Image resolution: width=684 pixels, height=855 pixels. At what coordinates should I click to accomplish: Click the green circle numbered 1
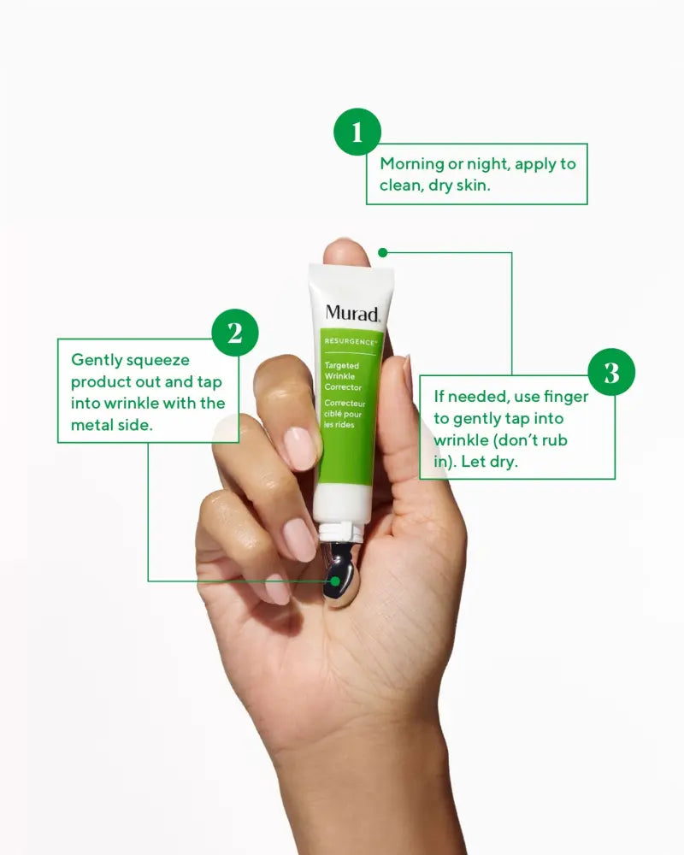tap(357, 132)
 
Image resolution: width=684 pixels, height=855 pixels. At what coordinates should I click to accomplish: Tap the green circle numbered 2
tap(235, 332)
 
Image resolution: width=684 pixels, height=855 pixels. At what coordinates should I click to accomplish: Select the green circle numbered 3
tap(611, 372)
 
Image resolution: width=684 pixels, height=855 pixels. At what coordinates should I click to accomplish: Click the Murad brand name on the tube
tap(351, 313)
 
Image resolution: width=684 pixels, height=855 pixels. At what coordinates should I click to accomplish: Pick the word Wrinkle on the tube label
tap(339, 376)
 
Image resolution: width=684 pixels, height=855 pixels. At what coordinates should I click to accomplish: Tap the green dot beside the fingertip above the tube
tap(382, 252)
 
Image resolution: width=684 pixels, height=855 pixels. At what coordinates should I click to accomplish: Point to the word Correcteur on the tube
tap(345, 404)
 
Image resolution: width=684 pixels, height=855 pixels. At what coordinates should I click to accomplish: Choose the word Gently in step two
tap(96, 360)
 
